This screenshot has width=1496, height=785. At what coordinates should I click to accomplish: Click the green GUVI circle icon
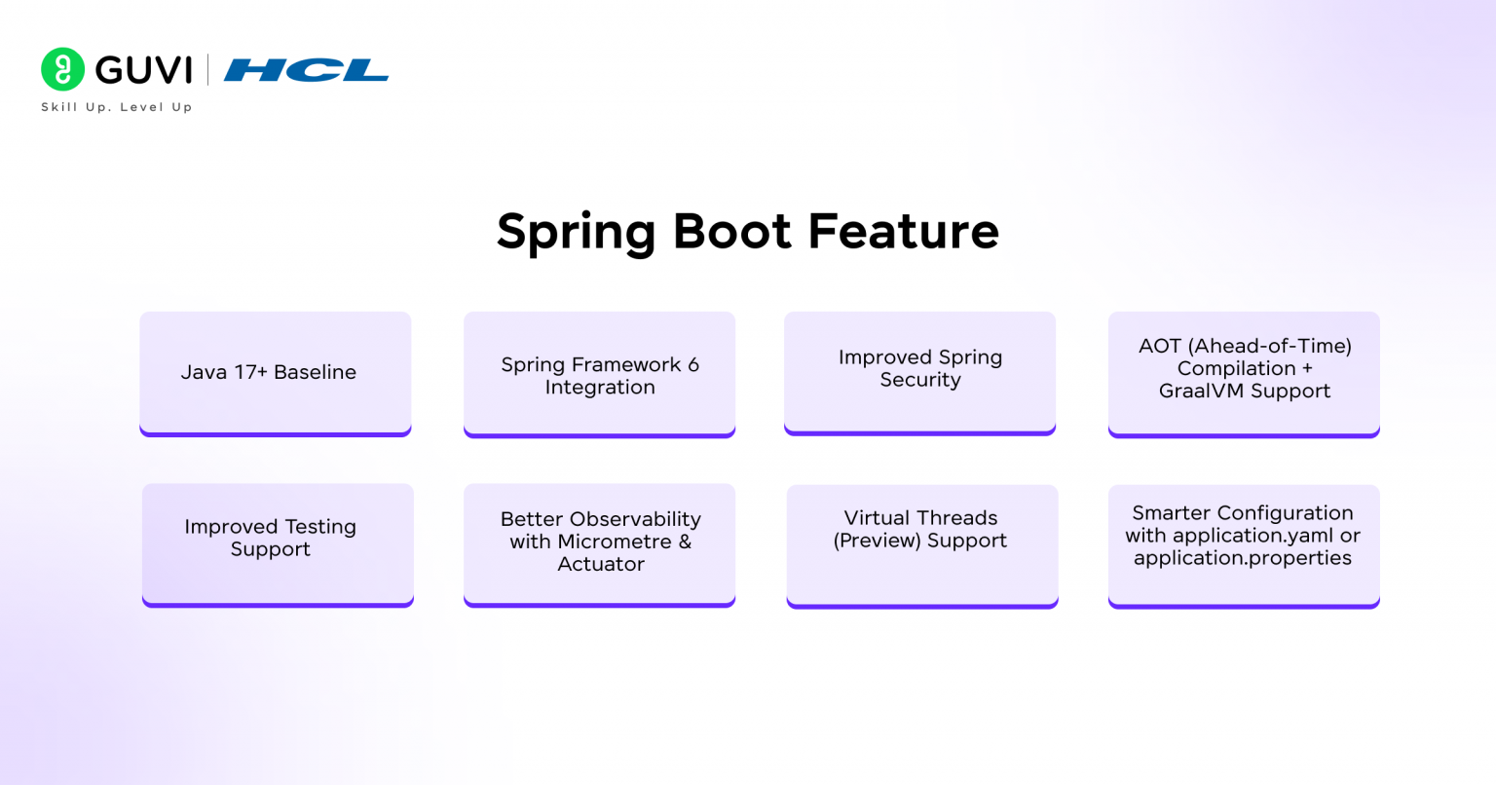pyautogui.click(x=62, y=69)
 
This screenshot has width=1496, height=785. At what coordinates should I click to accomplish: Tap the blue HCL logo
pyautogui.click(x=306, y=70)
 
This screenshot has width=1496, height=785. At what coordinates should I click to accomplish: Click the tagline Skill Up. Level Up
pyautogui.click(x=116, y=107)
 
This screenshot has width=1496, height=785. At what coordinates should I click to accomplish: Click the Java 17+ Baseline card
pyautogui.click(x=275, y=373)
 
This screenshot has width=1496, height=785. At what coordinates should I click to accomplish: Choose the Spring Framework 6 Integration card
pyautogui.click(x=599, y=375)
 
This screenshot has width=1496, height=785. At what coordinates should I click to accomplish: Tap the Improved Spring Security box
pyautogui.click(x=919, y=369)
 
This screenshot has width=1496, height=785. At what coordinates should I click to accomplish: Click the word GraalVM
pyautogui.click(x=1201, y=391)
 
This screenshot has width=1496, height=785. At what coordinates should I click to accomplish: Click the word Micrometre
pyautogui.click(x=616, y=542)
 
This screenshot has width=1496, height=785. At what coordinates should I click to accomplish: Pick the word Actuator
pyautogui.click(x=601, y=564)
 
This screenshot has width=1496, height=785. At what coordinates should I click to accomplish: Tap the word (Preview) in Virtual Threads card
pyautogui.click(x=877, y=541)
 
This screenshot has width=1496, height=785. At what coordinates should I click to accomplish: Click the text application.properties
pyautogui.click(x=1242, y=558)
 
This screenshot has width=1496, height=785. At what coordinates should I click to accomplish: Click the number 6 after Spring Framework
pyautogui.click(x=693, y=364)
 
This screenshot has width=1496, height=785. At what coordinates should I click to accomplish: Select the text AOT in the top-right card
pyautogui.click(x=1159, y=346)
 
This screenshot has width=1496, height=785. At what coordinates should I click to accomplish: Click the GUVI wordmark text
pyautogui.click(x=144, y=70)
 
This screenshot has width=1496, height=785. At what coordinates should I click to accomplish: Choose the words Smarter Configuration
pyautogui.click(x=1242, y=513)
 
